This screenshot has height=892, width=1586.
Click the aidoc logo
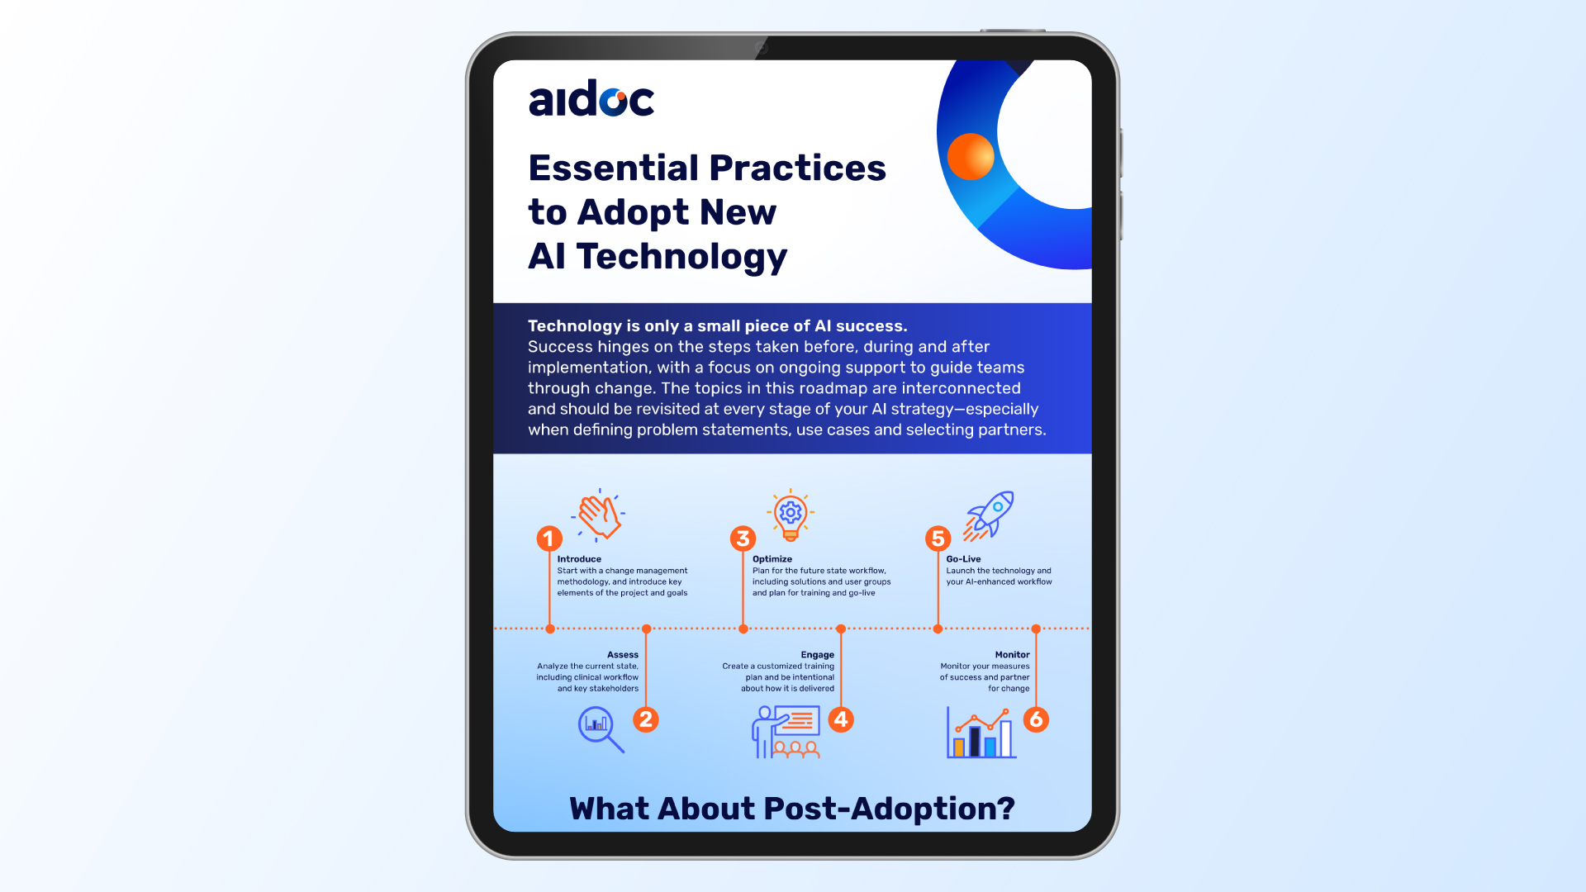(x=591, y=99)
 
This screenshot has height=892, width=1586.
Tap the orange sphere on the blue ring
(x=971, y=156)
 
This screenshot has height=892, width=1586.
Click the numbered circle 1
(x=549, y=539)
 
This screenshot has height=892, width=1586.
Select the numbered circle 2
(x=646, y=719)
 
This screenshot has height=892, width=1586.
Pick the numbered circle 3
(x=743, y=539)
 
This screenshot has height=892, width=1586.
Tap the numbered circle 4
(x=841, y=719)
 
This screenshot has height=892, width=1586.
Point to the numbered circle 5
(x=938, y=539)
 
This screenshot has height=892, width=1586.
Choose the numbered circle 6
(x=1036, y=719)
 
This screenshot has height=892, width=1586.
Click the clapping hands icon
(x=599, y=515)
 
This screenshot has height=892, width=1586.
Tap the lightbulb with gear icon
(x=791, y=515)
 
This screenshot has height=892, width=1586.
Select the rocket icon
(x=989, y=516)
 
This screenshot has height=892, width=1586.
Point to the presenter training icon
(x=786, y=732)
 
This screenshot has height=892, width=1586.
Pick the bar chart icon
(x=981, y=733)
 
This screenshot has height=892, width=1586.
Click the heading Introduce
(x=579, y=559)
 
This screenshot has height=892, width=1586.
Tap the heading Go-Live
(x=963, y=559)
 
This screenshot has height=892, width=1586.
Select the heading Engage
(x=817, y=655)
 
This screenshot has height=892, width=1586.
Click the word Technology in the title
(x=681, y=257)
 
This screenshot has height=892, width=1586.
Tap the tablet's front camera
(x=762, y=48)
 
